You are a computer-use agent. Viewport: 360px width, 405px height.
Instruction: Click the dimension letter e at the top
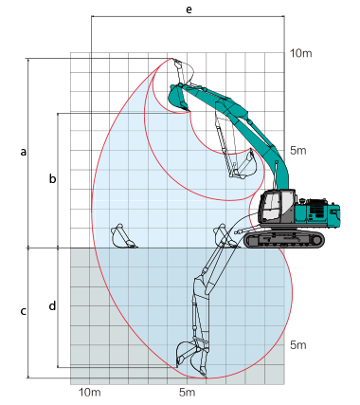coord(189,9)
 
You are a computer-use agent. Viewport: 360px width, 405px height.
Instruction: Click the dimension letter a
coord(24,152)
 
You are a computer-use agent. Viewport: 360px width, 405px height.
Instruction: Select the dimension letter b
coord(52,178)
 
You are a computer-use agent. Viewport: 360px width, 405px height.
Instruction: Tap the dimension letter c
coord(24,311)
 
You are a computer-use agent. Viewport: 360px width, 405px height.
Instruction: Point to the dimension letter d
coord(52,305)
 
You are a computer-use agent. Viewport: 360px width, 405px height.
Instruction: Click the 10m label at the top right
coord(301,53)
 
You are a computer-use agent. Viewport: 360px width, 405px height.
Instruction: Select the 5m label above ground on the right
coord(298,151)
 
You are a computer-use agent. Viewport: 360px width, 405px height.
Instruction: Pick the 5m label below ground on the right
coord(298,345)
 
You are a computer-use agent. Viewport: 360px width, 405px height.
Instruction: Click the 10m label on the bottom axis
coord(90,393)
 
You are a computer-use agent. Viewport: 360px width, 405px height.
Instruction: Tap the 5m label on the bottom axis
coord(188,393)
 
